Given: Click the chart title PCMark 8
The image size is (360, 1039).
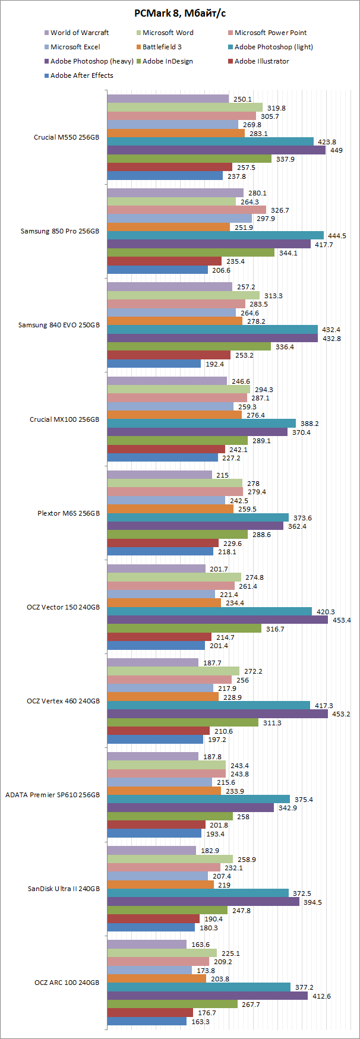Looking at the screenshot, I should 180,13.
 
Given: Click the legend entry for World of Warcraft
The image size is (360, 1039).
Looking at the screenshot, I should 79,33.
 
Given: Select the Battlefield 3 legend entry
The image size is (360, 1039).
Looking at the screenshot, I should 162,47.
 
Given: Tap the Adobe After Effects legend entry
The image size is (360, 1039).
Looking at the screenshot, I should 81,75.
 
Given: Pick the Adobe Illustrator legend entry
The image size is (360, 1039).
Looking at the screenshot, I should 261,61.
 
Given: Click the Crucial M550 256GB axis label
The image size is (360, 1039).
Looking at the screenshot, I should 67,137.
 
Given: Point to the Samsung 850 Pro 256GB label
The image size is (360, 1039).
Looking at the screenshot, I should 60,231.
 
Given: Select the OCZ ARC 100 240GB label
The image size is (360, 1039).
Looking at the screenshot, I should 67,983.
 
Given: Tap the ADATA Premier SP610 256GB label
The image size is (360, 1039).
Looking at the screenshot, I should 53,795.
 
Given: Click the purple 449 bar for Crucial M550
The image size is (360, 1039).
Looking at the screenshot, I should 216,150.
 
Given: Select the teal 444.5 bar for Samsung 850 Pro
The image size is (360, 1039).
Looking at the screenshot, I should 215,236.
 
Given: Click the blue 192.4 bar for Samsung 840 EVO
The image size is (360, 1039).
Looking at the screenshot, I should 154,364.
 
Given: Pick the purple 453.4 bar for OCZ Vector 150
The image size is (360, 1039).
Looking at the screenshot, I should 217,620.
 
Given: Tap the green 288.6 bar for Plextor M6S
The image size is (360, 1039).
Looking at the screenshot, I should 177,535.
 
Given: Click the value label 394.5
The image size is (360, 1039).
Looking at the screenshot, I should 312,902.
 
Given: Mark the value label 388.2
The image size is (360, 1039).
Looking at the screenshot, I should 309,424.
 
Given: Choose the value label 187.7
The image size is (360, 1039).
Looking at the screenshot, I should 212,663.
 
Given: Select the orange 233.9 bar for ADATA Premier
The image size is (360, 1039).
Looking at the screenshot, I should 164,791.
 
